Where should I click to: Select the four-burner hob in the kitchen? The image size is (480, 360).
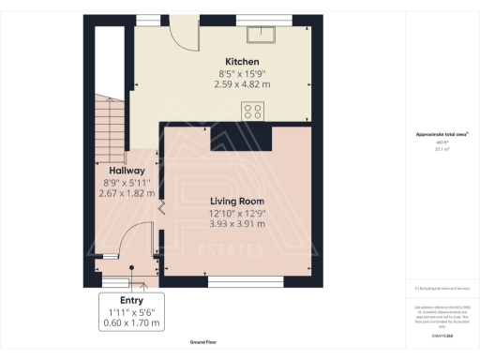[x=253, y=111]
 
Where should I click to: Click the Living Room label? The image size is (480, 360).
[x=236, y=201]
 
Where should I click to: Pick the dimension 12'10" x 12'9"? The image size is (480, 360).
[x=236, y=213]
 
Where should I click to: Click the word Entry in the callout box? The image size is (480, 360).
[x=130, y=301]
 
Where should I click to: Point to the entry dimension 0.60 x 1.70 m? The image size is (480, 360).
[x=130, y=323]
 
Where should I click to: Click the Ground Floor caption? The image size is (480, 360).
[x=203, y=343]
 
